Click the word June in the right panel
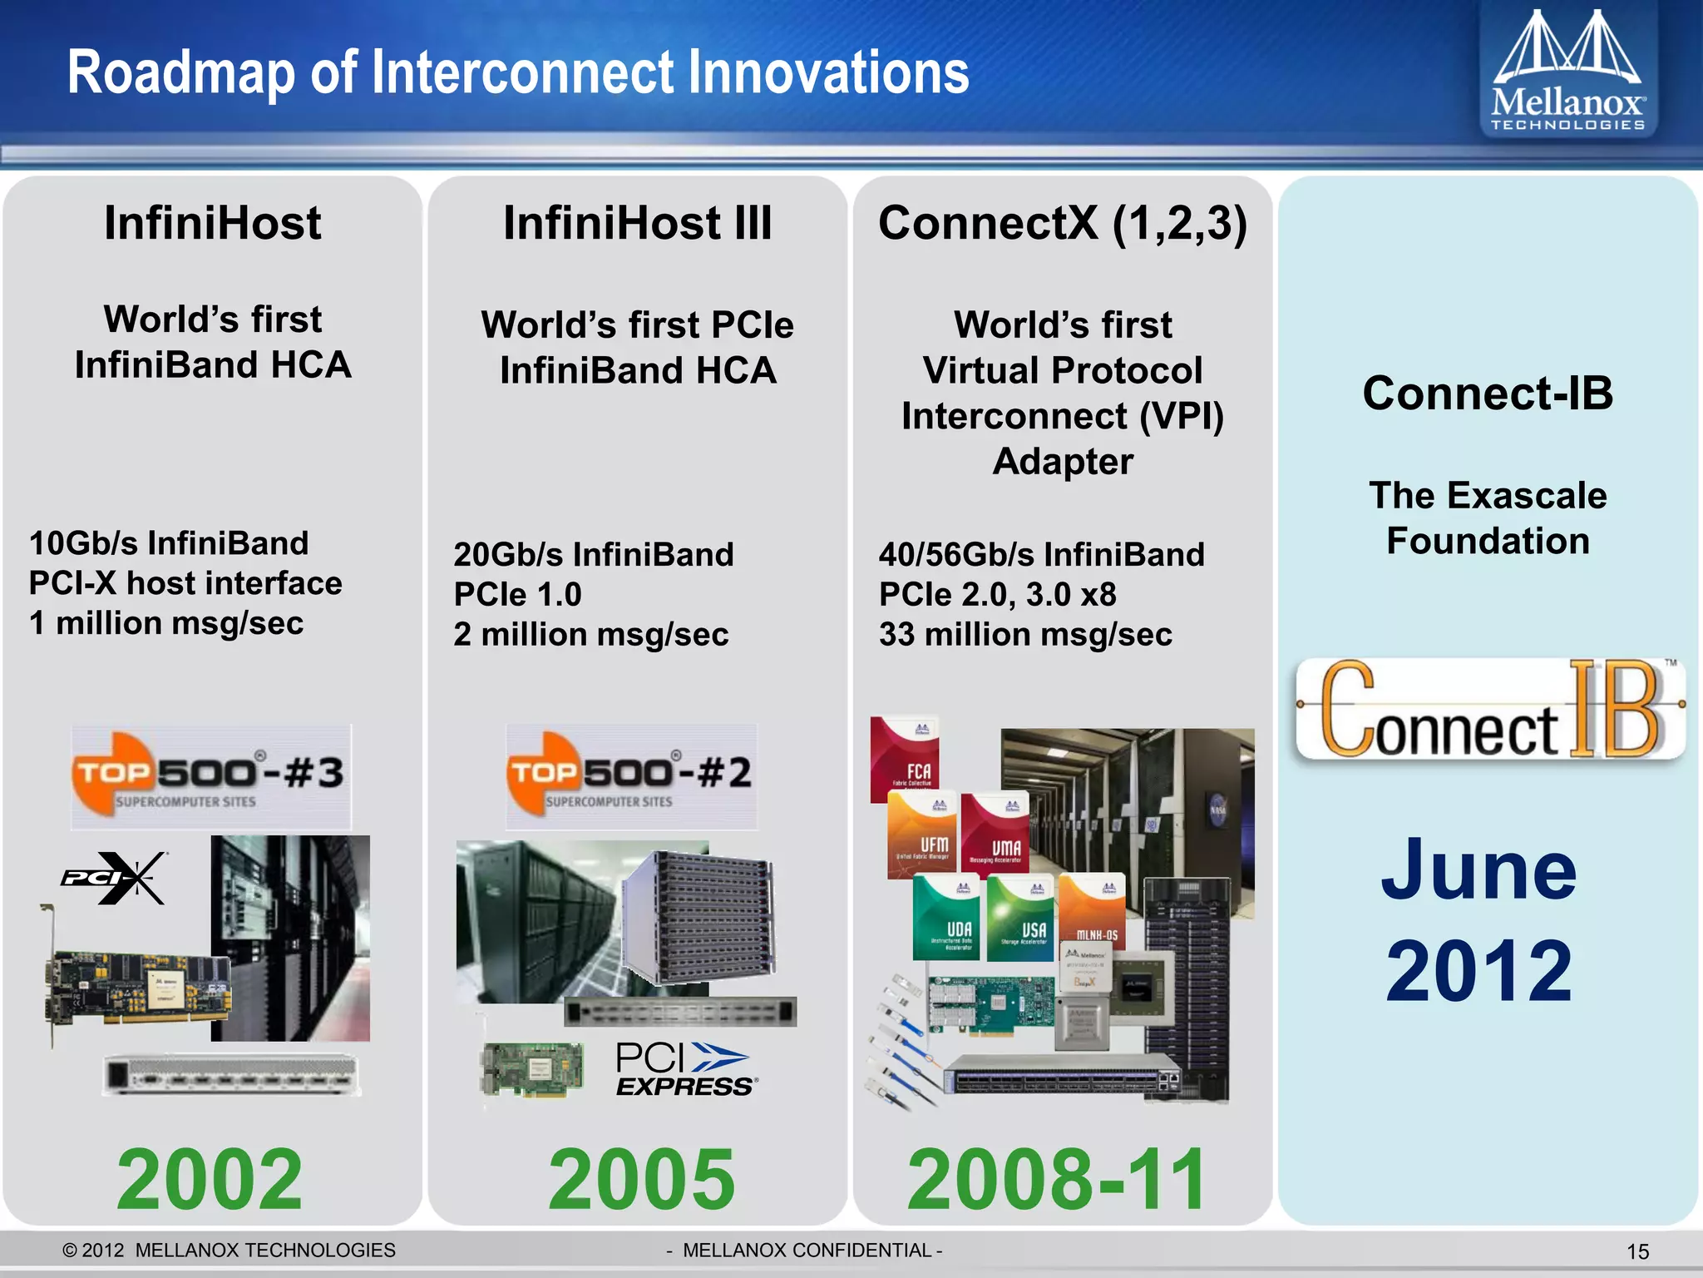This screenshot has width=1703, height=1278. coord(1478,870)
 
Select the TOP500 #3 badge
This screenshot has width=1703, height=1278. coord(211,776)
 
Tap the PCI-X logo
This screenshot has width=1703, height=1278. coord(114,878)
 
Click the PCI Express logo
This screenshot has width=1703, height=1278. coord(685,1069)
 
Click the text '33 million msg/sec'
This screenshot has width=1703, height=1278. coord(1025,635)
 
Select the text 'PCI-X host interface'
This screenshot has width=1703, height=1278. coord(185,583)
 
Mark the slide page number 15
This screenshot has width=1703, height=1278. coord(1637,1251)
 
